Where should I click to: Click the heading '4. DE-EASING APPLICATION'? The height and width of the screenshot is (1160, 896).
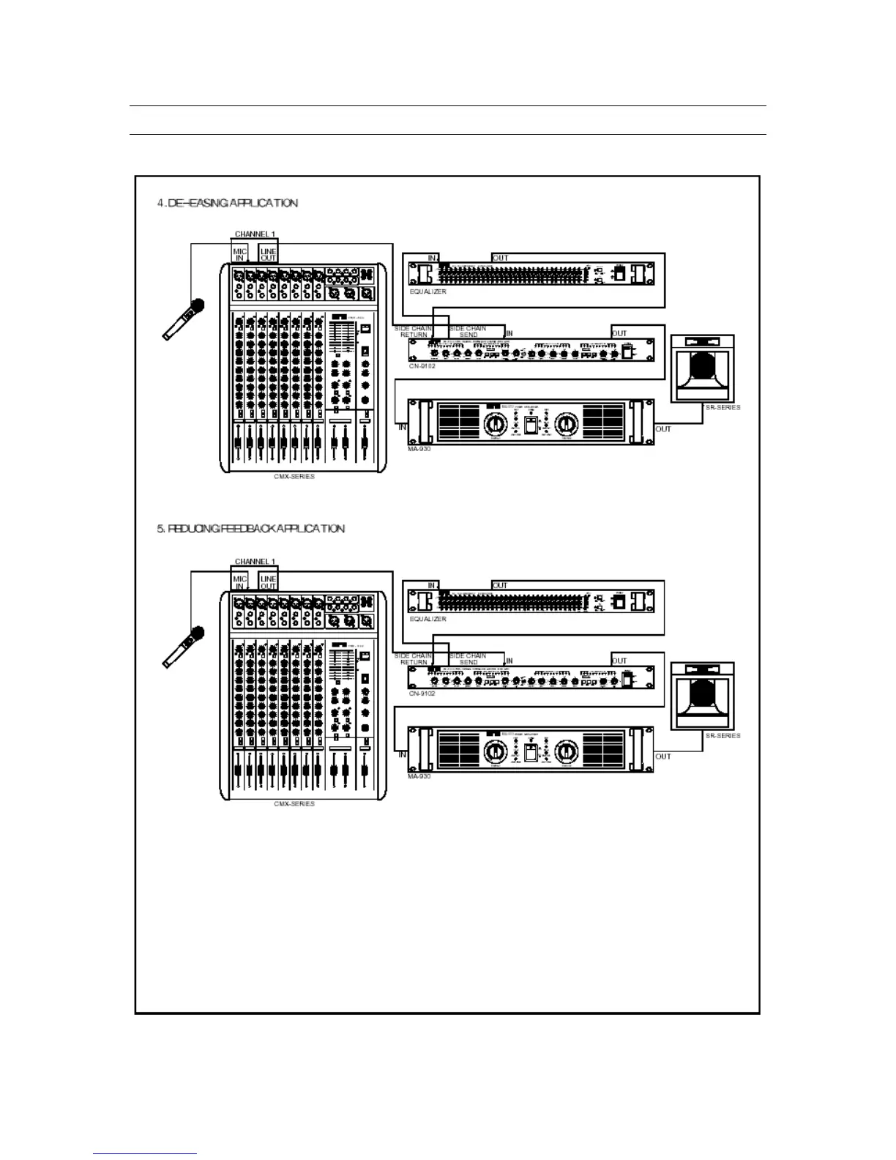(228, 203)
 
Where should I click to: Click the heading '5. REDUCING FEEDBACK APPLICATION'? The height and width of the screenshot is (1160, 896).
(250, 529)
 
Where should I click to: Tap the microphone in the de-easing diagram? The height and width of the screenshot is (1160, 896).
(184, 319)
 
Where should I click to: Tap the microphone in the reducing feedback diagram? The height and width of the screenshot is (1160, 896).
(184, 646)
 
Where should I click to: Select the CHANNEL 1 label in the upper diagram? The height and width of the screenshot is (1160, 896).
(255, 234)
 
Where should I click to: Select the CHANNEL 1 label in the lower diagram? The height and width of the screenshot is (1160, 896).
(255, 562)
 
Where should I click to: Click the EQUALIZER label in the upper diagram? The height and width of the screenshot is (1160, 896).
(428, 291)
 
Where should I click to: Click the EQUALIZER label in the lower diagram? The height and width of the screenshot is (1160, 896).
(428, 619)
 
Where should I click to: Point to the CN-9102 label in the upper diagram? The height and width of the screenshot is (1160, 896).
(422, 366)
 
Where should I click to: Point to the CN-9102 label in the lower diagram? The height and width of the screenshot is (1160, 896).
(422, 694)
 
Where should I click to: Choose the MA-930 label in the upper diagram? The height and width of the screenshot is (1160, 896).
(419, 449)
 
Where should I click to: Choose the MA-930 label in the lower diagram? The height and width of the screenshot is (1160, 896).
(419, 776)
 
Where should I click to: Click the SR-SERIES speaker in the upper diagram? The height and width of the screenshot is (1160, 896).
(702, 368)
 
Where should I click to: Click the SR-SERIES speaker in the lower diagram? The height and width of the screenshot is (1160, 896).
(702, 696)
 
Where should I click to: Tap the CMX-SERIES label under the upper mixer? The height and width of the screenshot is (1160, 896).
(294, 477)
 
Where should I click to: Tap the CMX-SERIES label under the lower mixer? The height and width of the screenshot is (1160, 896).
(294, 804)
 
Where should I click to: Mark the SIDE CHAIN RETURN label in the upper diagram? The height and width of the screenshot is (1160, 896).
(413, 332)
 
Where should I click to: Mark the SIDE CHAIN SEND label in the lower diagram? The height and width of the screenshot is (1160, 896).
(468, 659)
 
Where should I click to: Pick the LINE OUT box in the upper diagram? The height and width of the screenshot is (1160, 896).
(269, 254)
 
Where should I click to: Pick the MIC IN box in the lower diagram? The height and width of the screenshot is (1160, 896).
(240, 582)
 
